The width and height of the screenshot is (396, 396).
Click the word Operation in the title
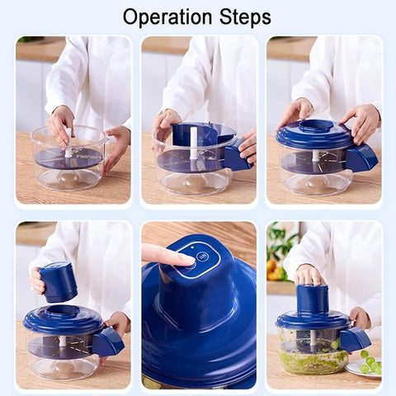(167, 17)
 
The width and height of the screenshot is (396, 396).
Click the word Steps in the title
(245, 18)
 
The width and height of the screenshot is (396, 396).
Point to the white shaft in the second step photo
(194, 143)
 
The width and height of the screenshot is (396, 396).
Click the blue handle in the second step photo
(237, 155)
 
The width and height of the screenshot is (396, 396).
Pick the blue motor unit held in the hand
(59, 282)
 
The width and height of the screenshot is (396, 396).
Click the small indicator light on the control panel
(192, 247)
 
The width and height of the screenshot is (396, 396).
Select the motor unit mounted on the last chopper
(313, 300)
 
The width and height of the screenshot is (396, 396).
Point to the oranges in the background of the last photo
(276, 271)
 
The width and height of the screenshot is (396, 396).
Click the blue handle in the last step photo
(355, 340)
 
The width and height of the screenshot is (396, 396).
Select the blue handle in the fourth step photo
(108, 342)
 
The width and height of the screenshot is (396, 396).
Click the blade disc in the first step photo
(68, 159)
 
